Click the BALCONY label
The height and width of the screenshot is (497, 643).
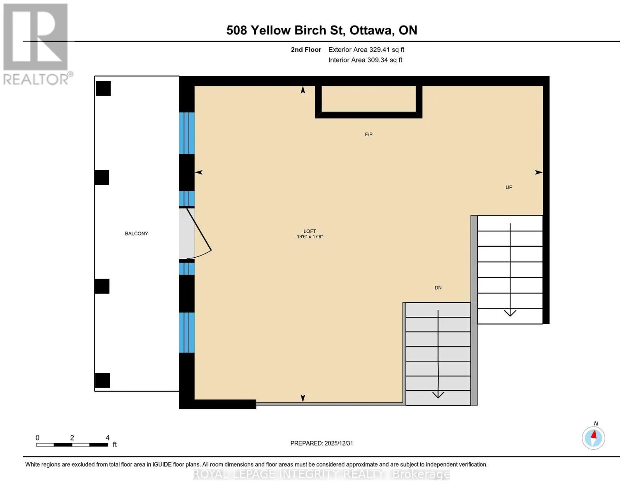pyautogui.click(x=136, y=234)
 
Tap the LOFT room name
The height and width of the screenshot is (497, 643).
pyautogui.click(x=310, y=231)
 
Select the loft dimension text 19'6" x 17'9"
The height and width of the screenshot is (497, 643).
pyautogui.click(x=310, y=236)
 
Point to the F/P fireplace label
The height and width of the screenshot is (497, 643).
pyautogui.click(x=368, y=134)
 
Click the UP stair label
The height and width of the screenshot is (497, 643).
pyautogui.click(x=509, y=187)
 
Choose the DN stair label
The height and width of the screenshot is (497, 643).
pyautogui.click(x=438, y=287)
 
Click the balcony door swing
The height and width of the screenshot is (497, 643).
pyautogui.click(x=198, y=234)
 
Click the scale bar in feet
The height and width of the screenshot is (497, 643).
pyautogui.click(x=72, y=444)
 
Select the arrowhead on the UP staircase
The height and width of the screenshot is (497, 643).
pyautogui.click(x=510, y=313)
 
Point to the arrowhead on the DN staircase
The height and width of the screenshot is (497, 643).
pyautogui.click(x=438, y=394)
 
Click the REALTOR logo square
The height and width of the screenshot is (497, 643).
pyautogui.click(x=36, y=37)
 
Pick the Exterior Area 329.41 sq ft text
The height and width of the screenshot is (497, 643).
pyautogui.click(x=366, y=50)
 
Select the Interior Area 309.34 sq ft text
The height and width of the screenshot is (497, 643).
pyautogui.click(x=365, y=60)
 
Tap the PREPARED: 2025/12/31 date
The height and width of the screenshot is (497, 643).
pyautogui.click(x=322, y=443)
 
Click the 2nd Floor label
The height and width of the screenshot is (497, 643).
pyautogui.click(x=306, y=50)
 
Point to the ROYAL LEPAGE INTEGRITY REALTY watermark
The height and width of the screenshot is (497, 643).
pyautogui.click(x=321, y=474)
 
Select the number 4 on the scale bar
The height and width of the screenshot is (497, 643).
pyautogui.click(x=107, y=437)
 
